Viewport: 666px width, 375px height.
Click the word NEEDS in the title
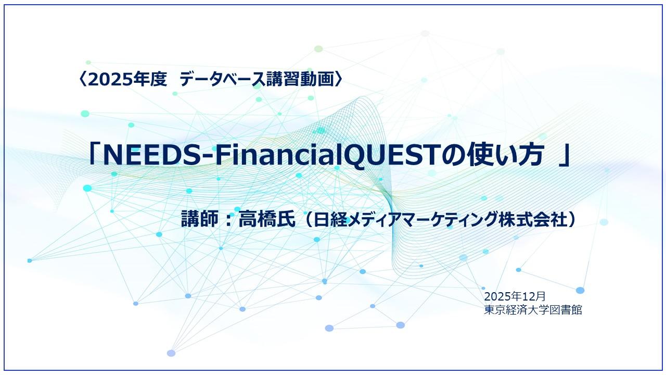click(143, 155)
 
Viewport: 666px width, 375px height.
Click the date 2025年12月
click(515, 296)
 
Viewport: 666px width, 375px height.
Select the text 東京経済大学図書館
click(533, 309)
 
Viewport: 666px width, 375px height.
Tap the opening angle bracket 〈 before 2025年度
click(83, 80)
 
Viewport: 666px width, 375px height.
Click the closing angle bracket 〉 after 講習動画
click(339, 80)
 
